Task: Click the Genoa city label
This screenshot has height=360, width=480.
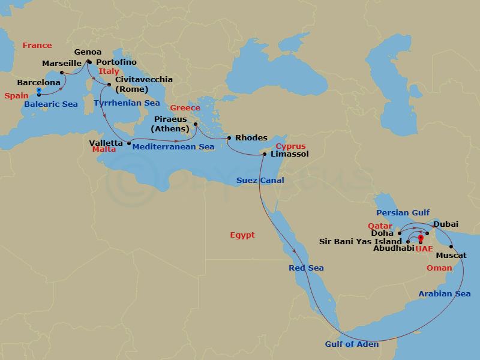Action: coord(88,52)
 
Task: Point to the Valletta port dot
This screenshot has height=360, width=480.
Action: coord(129,143)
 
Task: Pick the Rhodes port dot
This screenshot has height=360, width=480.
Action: coord(229,139)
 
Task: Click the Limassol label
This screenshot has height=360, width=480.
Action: coord(290,154)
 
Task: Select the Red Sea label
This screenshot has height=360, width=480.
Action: coord(306,268)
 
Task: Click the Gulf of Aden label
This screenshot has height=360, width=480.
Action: coord(352,344)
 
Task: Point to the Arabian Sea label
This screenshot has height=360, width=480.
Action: coord(445,293)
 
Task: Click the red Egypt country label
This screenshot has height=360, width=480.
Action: coord(242,235)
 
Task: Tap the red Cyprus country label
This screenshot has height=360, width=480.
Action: coord(291,146)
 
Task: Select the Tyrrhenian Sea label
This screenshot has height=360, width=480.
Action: coord(127,103)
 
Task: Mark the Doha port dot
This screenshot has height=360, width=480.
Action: coord(399,233)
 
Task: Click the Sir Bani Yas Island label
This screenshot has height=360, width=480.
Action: coord(362,241)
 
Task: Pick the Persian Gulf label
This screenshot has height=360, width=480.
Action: coord(403,213)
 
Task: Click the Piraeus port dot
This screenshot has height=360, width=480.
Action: coord(196,125)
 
